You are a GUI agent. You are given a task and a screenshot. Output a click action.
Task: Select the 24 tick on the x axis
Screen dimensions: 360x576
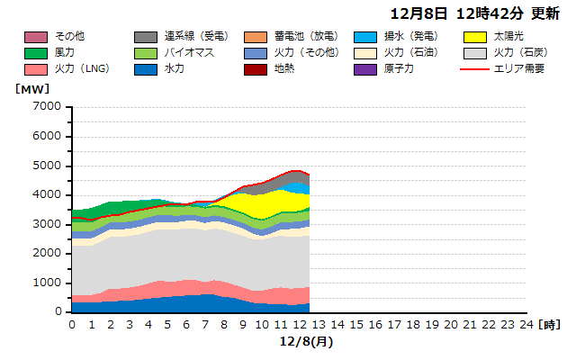526,324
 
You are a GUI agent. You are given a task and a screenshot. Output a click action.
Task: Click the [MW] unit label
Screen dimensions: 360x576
32,89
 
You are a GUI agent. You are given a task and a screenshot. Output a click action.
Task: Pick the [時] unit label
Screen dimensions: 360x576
550,324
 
